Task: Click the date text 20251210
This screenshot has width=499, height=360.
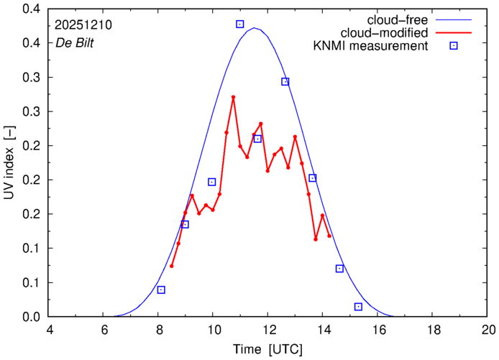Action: pyautogui.click(x=84, y=24)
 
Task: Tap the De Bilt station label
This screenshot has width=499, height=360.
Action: pyautogui.click(x=75, y=42)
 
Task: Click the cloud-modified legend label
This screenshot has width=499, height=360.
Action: pyautogui.click(x=393, y=33)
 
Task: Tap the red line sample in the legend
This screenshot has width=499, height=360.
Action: pyautogui.click(x=454, y=33)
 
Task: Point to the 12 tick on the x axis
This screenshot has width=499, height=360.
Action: pyautogui.click(x=268, y=330)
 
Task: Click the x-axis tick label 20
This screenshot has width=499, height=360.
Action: pyautogui.click(x=488, y=330)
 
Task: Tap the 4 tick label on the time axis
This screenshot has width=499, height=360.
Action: pyautogui.click(x=49, y=330)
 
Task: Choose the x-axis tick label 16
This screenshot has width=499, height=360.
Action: pyautogui.click(x=378, y=330)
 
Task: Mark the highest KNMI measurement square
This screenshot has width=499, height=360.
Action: pyautogui.click(x=240, y=24)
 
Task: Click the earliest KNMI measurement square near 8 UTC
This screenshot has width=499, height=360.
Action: pyautogui.click(x=161, y=290)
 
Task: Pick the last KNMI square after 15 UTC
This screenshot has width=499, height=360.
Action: pyautogui.click(x=358, y=307)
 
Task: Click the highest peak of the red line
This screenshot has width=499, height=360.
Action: pyautogui.click(x=233, y=97)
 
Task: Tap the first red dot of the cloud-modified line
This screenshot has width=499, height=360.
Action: pyautogui.click(x=171, y=266)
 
